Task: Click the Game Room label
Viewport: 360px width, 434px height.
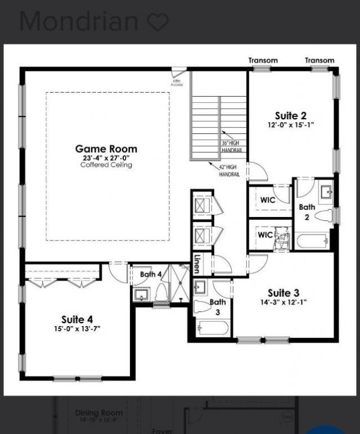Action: pyautogui.click(x=106, y=149)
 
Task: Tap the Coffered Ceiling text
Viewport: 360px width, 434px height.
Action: pyautogui.click(x=106, y=165)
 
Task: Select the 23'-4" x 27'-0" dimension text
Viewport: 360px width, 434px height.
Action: pyautogui.click(x=106, y=158)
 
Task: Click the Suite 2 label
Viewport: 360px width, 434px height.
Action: pyautogui.click(x=291, y=116)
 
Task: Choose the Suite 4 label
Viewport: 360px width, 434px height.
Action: pyautogui.click(x=77, y=319)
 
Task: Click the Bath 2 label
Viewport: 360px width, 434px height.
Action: pyautogui.click(x=307, y=212)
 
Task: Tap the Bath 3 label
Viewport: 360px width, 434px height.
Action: pyautogui.click(x=218, y=306)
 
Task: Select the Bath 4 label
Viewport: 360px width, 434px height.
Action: pyautogui.click(x=151, y=274)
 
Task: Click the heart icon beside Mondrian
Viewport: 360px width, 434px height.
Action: pyautogui.click(x=157, y=22)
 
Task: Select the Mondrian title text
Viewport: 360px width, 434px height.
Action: pyautogui.click(x=79, y=21)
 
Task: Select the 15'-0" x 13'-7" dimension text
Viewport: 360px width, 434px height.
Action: pyautogui.click(x=77, y=329)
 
